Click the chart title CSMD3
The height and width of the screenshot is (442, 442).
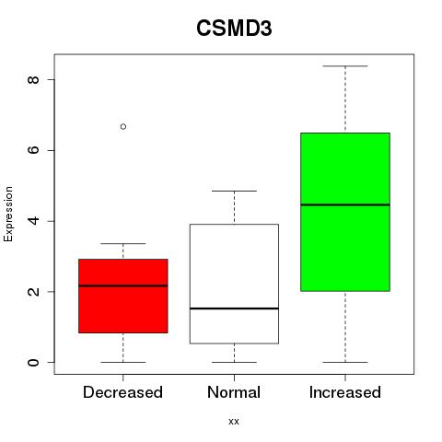point(234,29)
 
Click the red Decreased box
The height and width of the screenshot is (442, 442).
point(123,296)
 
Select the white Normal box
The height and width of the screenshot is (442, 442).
point(234,284)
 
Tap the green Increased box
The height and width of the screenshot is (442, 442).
point(345,212)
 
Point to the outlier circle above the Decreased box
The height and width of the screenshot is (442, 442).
point(123,126)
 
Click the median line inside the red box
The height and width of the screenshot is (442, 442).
point(123,285)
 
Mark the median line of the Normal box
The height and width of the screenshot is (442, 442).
point(234,308)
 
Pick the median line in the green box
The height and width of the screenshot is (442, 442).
point(345,204)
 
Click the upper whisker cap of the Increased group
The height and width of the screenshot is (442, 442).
point(345,66)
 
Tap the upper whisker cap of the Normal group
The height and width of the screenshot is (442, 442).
point(234,191)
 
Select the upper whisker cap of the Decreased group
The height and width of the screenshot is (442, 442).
point(123,244)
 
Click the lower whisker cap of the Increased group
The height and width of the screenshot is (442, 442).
point(345,362)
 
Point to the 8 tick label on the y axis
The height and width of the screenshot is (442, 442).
point(34,79)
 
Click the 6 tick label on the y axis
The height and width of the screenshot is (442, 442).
point(34,150)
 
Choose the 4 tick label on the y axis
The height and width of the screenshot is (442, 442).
point(34,221)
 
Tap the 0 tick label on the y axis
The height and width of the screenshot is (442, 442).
point(34,362)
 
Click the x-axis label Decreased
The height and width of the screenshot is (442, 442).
point(122,392)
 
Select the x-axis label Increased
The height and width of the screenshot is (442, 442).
point(345,392)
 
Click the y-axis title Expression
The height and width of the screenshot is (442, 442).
point(8,214)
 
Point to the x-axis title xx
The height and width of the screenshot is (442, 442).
point(234,422)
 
